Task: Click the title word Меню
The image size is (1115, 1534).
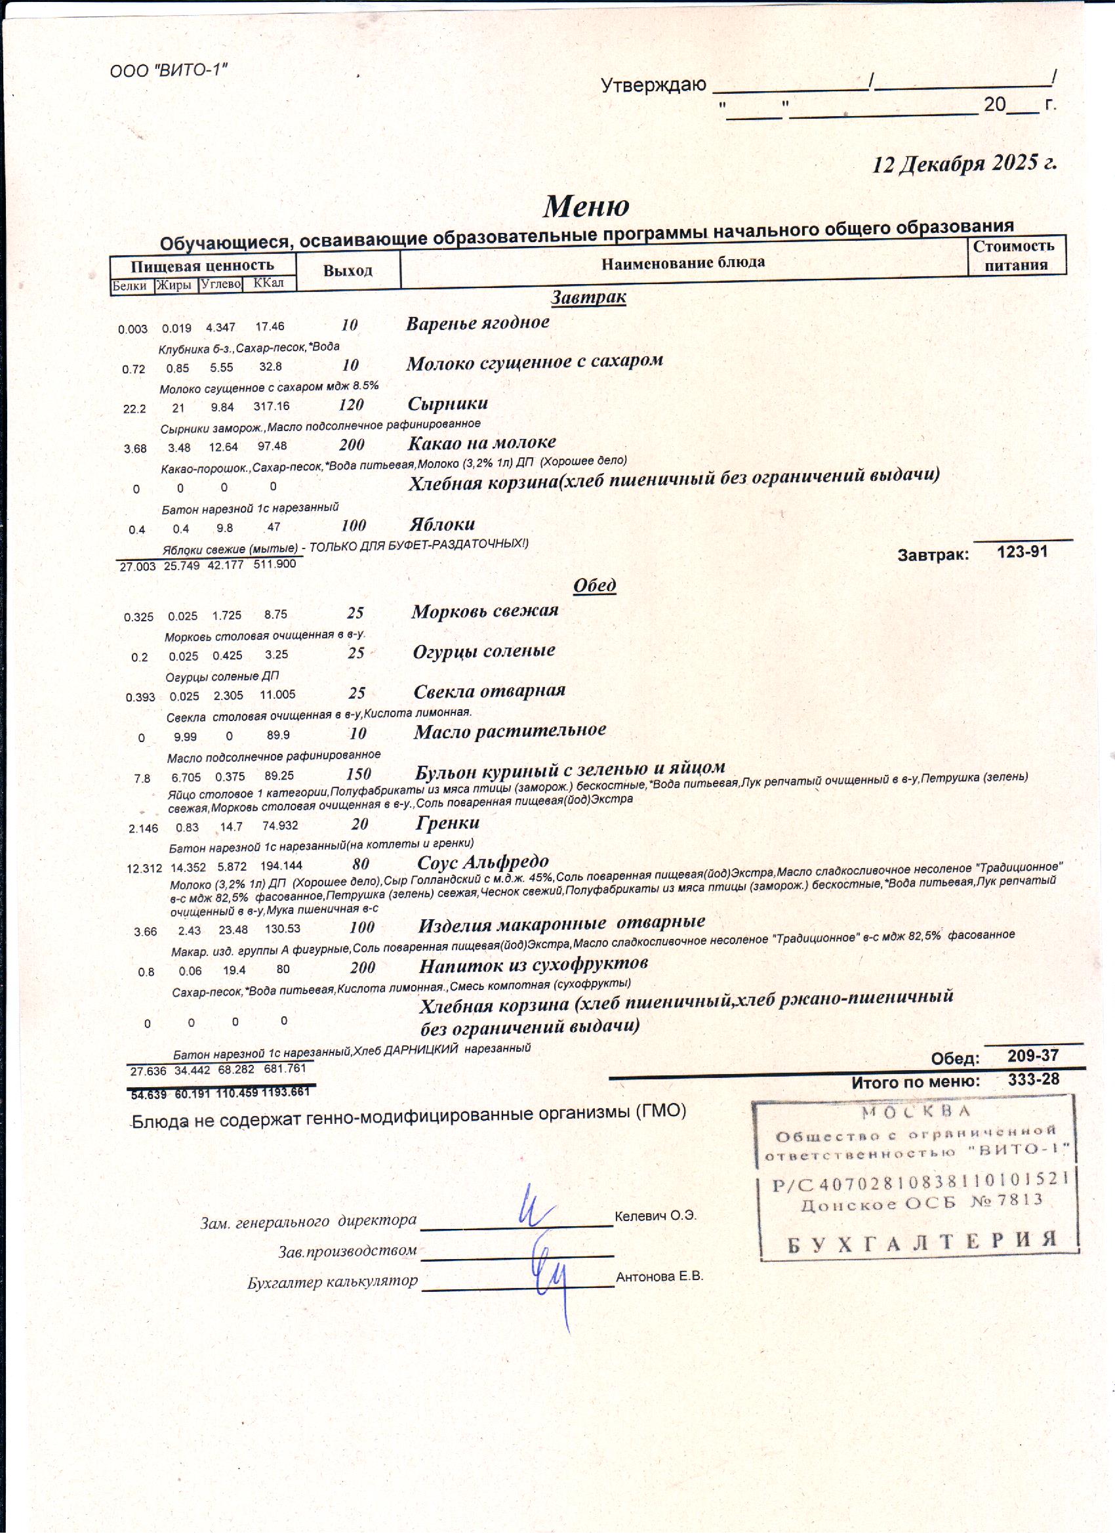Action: [x=586, y=205]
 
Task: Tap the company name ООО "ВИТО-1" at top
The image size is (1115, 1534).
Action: [x=169, y=70]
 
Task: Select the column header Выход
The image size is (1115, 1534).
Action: [x=348, y=271]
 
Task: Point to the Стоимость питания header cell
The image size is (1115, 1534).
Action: [x=1015, y=256]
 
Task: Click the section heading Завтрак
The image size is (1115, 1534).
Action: [x=588, y=297]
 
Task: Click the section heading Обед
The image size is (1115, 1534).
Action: [x=594, y=585]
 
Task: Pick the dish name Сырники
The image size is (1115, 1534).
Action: [x=447, y=404]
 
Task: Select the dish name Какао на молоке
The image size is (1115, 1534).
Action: [x=481, y=443]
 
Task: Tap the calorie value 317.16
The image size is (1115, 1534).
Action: [x=271, y=407]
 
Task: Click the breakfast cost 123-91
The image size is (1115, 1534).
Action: [x=1023, y=552]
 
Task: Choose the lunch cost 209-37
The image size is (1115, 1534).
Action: [x=1032, y=1056]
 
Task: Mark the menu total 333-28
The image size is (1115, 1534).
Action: [x=1033, y=1079]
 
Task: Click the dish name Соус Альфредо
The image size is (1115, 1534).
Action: [x=483, y=862]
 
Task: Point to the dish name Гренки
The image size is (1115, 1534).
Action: [x=447, y=823]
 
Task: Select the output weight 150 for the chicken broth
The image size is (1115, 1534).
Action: [x=358, y=774]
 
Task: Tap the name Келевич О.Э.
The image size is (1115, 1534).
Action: [x=655, y=1215]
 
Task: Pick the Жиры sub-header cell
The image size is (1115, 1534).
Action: [x=174, y=285]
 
